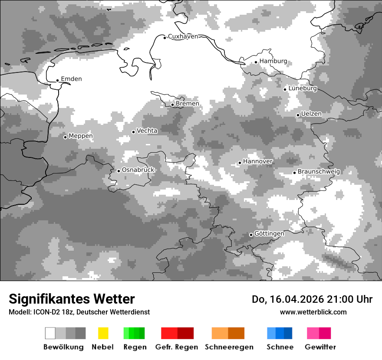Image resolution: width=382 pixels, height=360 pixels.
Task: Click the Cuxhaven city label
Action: click(183, 36)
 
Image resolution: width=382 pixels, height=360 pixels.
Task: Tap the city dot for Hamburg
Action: click(256, 62)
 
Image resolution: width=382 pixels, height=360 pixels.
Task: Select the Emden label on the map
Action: click(71, 79)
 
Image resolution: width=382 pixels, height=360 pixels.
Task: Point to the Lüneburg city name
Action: click(303, 88)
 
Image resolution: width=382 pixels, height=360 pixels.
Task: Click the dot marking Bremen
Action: click(172, 105)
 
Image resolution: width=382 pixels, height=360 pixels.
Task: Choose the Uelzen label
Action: click(311, 114)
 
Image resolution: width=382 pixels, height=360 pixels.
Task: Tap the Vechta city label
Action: click(147, 131)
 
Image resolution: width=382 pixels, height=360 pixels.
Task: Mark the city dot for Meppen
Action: click(65, 137)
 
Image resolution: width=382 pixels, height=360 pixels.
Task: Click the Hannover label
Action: click(258, 161)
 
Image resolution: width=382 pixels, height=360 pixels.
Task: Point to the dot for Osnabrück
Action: click(119, 171)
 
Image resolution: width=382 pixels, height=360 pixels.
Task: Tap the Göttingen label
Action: click(269, 234)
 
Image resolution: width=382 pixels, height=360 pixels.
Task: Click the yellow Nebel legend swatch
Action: click(103, 333)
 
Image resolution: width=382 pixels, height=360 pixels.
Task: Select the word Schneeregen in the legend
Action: click(229, 347)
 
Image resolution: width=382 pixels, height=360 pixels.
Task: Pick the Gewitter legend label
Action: click(320, 347)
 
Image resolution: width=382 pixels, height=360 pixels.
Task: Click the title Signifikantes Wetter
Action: click(72, 299)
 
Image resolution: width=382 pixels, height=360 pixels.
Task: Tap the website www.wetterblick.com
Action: click(313, 312)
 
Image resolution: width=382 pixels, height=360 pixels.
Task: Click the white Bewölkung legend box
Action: click(50, 333)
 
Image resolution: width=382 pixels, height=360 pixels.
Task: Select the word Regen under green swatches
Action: click(135, 347)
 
